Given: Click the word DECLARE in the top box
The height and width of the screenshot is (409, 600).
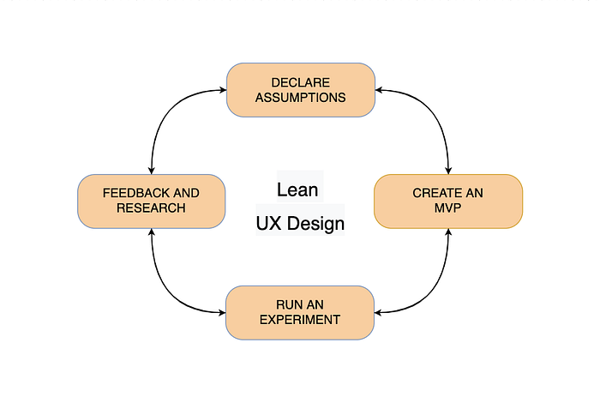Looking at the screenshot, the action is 300,82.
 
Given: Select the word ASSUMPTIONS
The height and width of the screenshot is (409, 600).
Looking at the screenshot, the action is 300,98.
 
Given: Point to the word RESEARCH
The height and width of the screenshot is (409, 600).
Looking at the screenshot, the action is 151,208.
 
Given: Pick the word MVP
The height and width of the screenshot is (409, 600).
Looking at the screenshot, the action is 447,208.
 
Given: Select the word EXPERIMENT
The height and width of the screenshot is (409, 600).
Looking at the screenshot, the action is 300,320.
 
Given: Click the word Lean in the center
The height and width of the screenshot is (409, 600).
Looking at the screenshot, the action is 297,189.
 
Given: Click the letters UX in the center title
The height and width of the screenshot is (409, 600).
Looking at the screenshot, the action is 268,223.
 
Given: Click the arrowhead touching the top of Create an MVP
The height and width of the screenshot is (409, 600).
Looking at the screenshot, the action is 448,171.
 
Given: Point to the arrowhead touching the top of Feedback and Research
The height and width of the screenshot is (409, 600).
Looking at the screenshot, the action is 152,171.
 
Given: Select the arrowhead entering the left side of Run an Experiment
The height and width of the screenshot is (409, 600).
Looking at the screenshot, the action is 222,312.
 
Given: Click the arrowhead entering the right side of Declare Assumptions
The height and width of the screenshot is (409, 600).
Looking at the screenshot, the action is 379,90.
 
